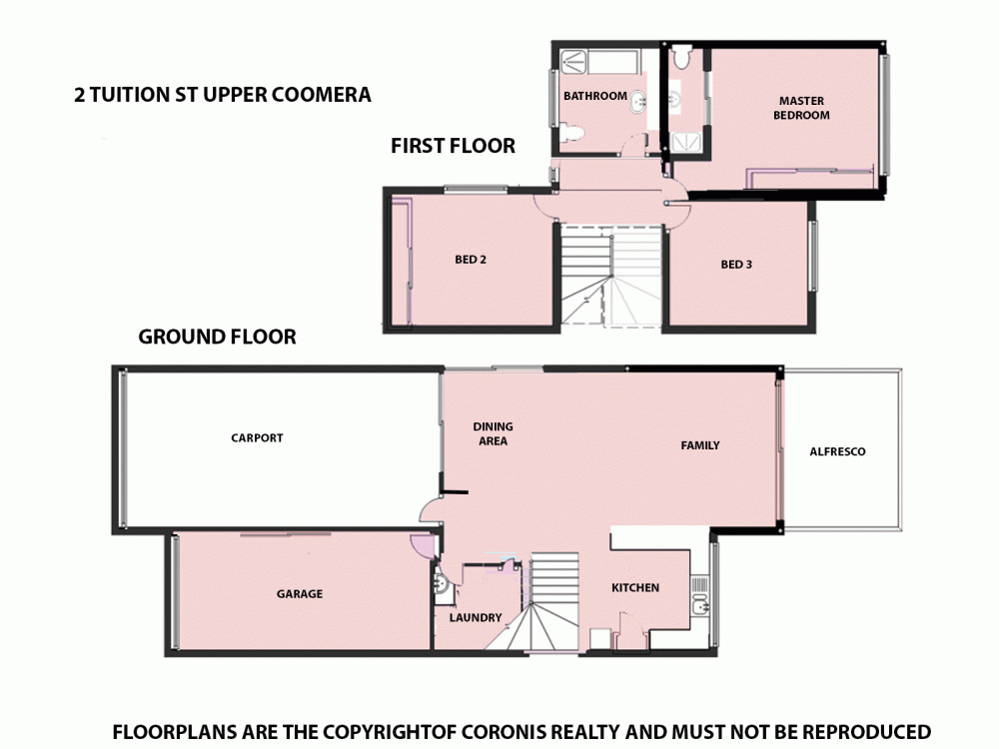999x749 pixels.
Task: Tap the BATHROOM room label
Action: coord(594,97)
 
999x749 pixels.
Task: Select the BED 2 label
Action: coord(470,260)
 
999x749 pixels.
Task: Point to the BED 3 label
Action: coord(736,265)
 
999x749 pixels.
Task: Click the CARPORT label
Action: coord(257,438)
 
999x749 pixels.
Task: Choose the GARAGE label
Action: coord(300,594)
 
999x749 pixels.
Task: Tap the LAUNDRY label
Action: coord(476,618)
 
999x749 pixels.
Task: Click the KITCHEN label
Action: coord(635,588)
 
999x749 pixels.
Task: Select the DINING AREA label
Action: coord(492,433)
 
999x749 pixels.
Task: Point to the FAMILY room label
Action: coord(700,445)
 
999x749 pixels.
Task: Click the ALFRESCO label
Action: coord(837,452)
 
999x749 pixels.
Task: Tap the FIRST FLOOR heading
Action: coord(453,147)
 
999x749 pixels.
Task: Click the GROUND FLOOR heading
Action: coord(217,338)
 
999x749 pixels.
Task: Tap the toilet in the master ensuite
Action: coord(680,59)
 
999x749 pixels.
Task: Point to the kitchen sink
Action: coord(701,602)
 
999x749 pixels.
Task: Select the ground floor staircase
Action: coord(552,599)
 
